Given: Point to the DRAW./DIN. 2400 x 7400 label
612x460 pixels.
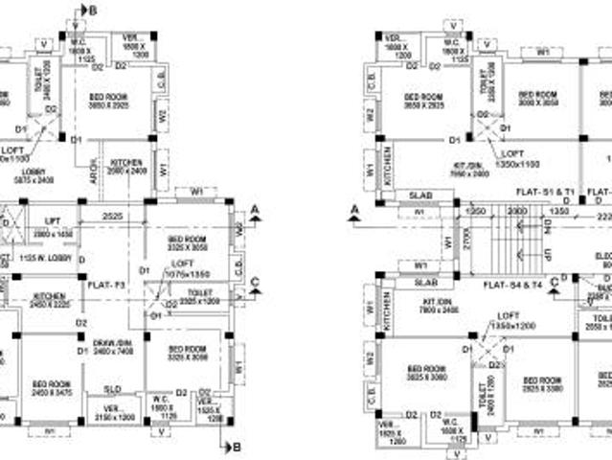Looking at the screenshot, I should coord(112,347).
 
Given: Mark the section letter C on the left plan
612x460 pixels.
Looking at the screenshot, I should coord(254,281).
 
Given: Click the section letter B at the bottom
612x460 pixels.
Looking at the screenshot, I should coord(237,446).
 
